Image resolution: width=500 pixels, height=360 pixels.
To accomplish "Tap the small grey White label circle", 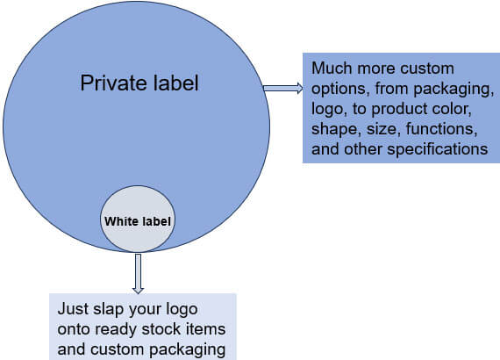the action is [138, 219].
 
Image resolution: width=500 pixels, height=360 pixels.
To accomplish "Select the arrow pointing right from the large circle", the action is [283, 88].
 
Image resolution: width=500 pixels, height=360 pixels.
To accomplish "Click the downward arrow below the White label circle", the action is [138, 273].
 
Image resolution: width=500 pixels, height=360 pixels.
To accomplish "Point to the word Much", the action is [332, 68].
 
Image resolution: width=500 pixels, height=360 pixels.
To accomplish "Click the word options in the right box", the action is [340, 89].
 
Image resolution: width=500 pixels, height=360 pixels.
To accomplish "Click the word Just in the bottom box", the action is [73, 309].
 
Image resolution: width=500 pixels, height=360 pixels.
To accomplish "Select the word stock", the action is [161, 329].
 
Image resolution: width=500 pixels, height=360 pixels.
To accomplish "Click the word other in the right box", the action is [363, 149].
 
